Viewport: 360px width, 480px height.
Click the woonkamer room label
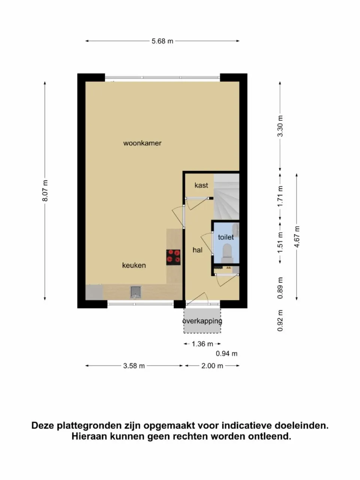142,143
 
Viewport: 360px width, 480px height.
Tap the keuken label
134,265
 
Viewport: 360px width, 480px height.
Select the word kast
201,185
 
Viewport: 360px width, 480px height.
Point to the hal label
197,250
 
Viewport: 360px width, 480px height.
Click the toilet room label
226,237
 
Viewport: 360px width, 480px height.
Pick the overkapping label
202,321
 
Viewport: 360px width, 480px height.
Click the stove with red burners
173,257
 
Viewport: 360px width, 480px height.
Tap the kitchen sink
136,292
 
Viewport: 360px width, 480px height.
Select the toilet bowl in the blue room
227,252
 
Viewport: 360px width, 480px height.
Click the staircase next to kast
226,197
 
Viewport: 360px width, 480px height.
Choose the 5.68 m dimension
162,41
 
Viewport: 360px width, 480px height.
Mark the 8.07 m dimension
45,190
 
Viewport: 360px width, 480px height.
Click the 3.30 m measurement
280,126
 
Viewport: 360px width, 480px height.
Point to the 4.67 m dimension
297,237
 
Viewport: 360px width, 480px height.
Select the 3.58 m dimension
134,366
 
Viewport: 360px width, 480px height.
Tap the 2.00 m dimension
212,366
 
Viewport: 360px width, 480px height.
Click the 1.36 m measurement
202,344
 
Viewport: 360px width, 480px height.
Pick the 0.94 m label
226,354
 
